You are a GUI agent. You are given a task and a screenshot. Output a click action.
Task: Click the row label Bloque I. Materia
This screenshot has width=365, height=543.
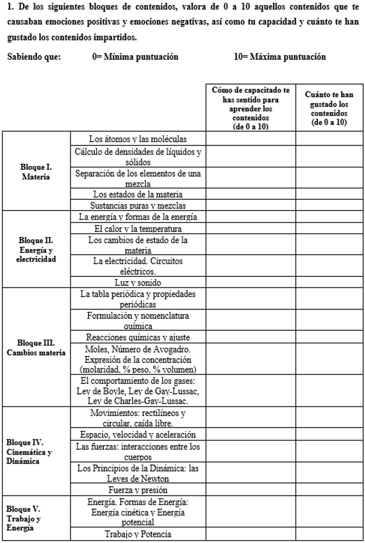(36, 172)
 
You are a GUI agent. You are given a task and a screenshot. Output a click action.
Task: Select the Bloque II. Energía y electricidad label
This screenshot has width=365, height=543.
(36, 250)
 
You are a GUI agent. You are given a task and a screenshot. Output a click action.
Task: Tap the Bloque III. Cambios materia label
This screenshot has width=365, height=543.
(36, 348)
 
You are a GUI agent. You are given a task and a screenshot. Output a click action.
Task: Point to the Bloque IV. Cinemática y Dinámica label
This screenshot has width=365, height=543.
(29, 452)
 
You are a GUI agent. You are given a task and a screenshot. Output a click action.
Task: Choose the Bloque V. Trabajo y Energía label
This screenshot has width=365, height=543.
(24, 518)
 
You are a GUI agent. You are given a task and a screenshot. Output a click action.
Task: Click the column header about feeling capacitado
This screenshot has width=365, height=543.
(251, 108)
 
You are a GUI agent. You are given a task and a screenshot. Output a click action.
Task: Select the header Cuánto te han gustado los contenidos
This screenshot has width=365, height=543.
(329, 108)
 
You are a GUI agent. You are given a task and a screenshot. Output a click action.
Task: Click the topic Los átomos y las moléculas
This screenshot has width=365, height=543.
(138, 139)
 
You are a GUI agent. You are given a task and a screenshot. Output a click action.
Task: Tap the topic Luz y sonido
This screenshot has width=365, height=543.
(138, 282)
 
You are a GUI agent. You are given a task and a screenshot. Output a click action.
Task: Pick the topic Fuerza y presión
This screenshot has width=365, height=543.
(138, 490)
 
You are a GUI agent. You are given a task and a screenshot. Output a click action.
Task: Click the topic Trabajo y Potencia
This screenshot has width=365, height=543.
(138, 534)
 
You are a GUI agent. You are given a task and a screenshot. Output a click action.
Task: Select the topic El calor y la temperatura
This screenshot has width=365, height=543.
(138, 229)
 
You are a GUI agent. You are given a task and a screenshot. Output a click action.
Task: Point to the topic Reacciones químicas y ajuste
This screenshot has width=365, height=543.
(138, 337)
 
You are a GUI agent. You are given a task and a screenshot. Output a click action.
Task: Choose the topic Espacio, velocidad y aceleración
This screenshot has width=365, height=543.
(138, 434)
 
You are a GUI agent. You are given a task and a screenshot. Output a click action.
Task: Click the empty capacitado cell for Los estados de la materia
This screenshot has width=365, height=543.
(251, 194)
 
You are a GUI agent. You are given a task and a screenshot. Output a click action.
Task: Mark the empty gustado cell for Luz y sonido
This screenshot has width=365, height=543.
(329, 282)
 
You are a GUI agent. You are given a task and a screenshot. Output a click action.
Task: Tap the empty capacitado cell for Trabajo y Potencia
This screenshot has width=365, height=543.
(251, 534)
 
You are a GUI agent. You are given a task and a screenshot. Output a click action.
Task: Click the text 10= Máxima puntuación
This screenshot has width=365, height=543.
(280, 57)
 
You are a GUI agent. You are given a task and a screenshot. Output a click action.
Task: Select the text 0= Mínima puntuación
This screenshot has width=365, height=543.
(135, 57)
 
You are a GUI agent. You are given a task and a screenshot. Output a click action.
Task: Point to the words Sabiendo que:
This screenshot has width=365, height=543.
(34, 57)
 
